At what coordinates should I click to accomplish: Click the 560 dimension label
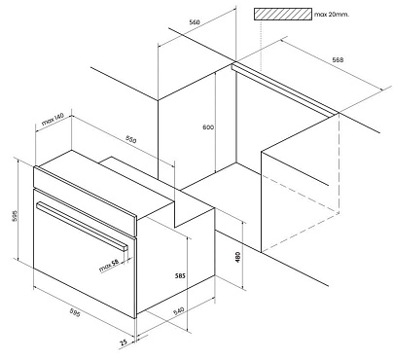tap(195, 22)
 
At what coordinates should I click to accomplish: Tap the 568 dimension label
tap(338, 59)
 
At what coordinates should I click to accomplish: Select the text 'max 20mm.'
tap(332, 15)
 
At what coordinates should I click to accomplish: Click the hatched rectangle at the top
tap(283, 15)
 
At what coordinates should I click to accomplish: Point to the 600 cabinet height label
tap(208, 127)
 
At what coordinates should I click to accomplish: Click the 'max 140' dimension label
tap(53, 120)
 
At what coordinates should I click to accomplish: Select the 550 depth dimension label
tap(131, 139)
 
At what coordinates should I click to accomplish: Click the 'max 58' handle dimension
tap(109, 266)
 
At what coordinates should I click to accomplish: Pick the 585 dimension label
tap(180, 276)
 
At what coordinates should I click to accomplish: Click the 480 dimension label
tap(238, 257)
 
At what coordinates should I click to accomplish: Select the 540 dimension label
tap(178, 310)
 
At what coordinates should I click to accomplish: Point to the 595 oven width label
tap(75, 313)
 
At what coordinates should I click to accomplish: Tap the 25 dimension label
tap(124, 342)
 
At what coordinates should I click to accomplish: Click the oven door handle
tap(82, 226)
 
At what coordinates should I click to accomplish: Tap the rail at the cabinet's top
tap(285, 89)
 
